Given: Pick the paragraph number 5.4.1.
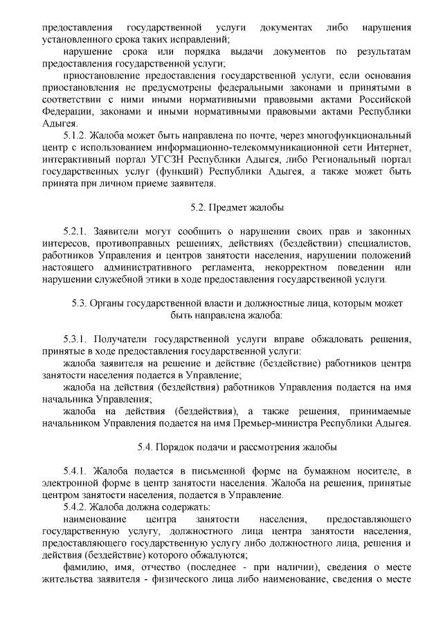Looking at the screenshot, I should (74, 471).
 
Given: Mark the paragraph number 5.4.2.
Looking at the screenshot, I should (74, 508).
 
